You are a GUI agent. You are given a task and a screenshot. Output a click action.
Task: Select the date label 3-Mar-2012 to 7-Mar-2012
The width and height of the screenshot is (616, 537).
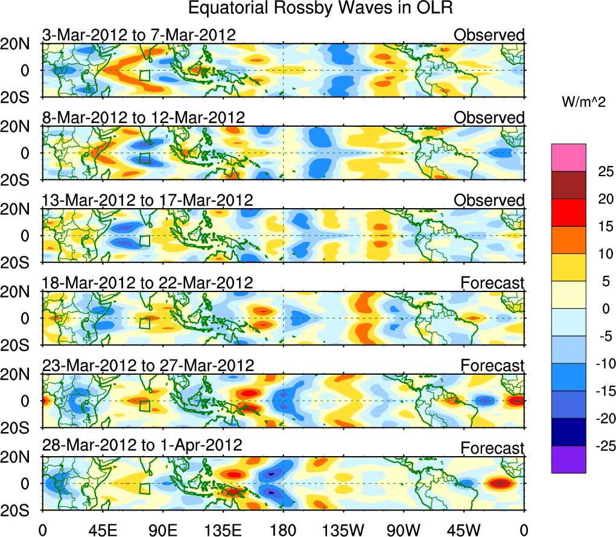(x=139, y=35)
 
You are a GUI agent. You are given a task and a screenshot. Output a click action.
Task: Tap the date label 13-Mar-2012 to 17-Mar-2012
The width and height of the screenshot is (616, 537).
(x=147, y=200)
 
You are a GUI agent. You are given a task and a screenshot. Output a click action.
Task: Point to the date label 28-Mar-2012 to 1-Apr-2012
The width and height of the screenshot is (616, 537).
(x=142, y=446)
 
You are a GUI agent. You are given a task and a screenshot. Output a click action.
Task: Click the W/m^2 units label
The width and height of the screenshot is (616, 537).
(x=584, y=103)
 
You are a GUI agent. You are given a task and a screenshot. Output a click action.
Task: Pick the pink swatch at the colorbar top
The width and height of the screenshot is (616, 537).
(x=568, y=157)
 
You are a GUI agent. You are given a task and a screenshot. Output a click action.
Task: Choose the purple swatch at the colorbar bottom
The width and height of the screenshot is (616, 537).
(x=568, y=459)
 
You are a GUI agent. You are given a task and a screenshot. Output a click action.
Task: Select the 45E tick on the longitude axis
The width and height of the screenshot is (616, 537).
(x=102, y=530)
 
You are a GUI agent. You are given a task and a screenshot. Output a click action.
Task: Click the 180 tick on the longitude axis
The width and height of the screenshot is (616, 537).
(x=283, y=530)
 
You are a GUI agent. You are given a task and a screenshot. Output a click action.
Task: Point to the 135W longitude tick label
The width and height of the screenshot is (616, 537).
(x=343, y=530)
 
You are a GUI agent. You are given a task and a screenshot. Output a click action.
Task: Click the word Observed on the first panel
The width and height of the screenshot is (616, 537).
(x=489, y=35)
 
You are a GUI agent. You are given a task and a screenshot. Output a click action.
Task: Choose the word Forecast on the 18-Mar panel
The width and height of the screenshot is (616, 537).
(x=493, y=282)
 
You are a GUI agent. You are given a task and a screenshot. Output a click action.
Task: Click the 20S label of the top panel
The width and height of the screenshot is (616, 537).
(x=21, y=98)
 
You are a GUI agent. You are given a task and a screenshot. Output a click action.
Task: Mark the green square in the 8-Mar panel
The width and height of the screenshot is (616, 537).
(x=144, y=159)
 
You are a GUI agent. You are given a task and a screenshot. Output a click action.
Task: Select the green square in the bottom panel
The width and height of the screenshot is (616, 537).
(x=144, y=489)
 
